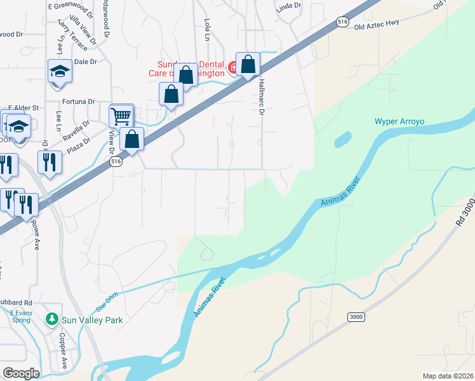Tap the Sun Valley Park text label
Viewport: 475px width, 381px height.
pos(92,320)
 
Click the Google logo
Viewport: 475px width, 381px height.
pos(21,373)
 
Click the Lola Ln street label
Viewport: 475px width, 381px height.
pos(207,28)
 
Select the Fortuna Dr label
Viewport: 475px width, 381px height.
pos(78,101)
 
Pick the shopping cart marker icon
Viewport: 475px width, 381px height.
pos(121,116)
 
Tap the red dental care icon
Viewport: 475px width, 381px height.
pos(233,66)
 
